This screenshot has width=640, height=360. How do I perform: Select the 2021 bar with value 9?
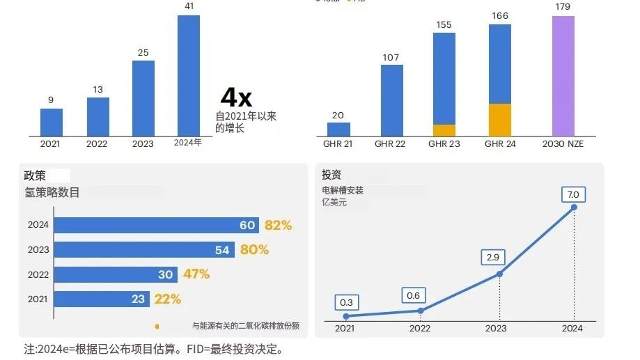click(x=52, y=122)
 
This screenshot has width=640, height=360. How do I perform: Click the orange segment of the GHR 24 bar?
click(x=499, y=120)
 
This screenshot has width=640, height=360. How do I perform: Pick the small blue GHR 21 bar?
click(x=338, y=129)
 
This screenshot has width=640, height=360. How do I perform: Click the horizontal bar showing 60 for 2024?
click(x=156, y=225)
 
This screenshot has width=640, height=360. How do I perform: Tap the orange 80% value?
click(x=254, y=249)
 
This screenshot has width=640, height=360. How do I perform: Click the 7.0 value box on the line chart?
click(x=574, y=194)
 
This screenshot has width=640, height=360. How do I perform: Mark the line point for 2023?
click(x=499, y=274)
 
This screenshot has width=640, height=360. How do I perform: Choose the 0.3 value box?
click(x=347, y=303)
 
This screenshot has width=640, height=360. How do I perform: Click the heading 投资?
click(x=331, y=175)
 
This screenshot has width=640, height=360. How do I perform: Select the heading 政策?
click(x=35, y=175)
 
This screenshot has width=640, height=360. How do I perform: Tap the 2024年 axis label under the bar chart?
click(x=188, y=143)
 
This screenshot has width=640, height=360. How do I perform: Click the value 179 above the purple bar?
click(x=563, y=8)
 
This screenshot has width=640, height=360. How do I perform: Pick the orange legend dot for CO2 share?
click(x=157, y=326)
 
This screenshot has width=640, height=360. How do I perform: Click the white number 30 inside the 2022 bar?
click(x=165, y=274)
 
